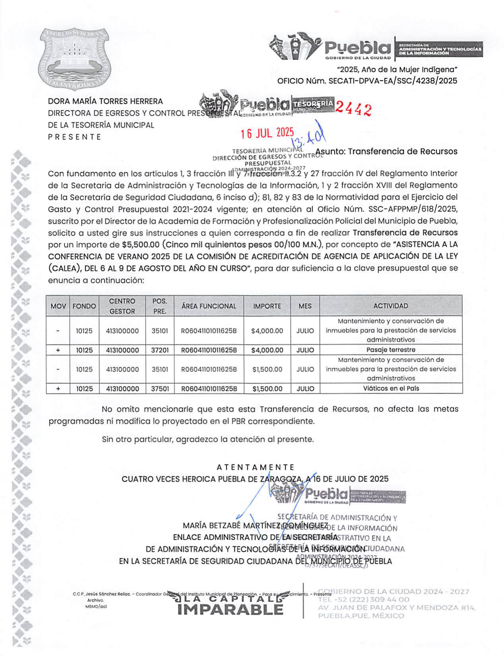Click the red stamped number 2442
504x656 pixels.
[353, 108]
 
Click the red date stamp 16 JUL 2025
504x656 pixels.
[267, 133]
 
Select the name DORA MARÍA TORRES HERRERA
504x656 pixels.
[105, 102]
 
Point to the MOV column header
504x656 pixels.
[58, 306]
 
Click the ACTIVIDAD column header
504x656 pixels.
[390, 306]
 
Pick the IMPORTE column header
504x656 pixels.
[267, 306]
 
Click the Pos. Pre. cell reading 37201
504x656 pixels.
[160, 350]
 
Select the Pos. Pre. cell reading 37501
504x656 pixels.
[160, 389]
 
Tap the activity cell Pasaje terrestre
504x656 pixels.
[390, 350]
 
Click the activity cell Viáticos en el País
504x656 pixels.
[390, 388]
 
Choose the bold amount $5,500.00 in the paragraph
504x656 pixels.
[141, 244]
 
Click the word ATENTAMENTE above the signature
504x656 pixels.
[255, 467]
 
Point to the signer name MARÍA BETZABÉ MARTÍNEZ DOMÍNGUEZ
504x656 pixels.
[255, 526]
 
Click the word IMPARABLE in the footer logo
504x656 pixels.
[231, 610]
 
